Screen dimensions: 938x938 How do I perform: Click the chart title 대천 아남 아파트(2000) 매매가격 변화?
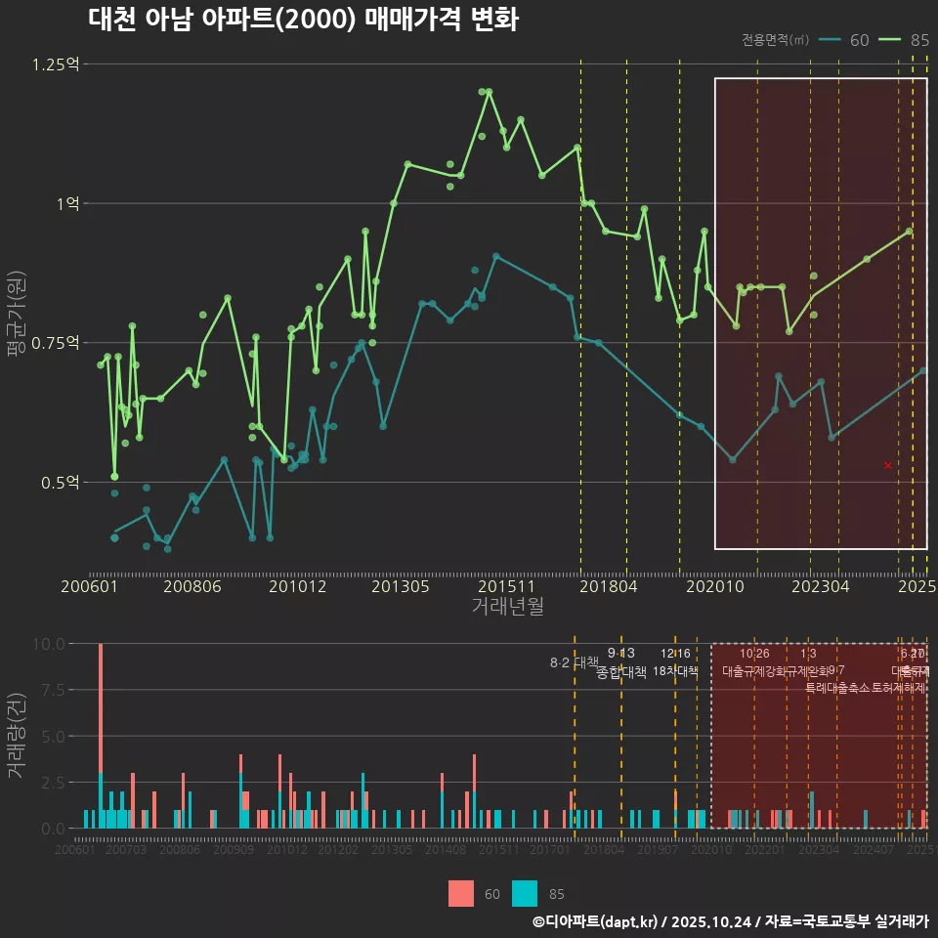pos(303,20)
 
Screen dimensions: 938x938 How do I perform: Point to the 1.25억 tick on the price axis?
pos(56,64)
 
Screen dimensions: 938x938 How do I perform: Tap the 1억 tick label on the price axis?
pos(67,203)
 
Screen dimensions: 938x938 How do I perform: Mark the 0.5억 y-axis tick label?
pos(60,482)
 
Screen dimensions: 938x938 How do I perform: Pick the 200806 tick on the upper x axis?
pos(192,586)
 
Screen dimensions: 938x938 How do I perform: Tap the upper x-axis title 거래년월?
pos(508,607)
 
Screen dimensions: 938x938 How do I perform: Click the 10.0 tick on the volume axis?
pos(49,644)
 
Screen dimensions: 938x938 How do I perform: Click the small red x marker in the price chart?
pos(888,465)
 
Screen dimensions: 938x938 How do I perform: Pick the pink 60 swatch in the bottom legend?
pos(461,893)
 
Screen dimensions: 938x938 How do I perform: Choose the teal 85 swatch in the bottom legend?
pos(526,893)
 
